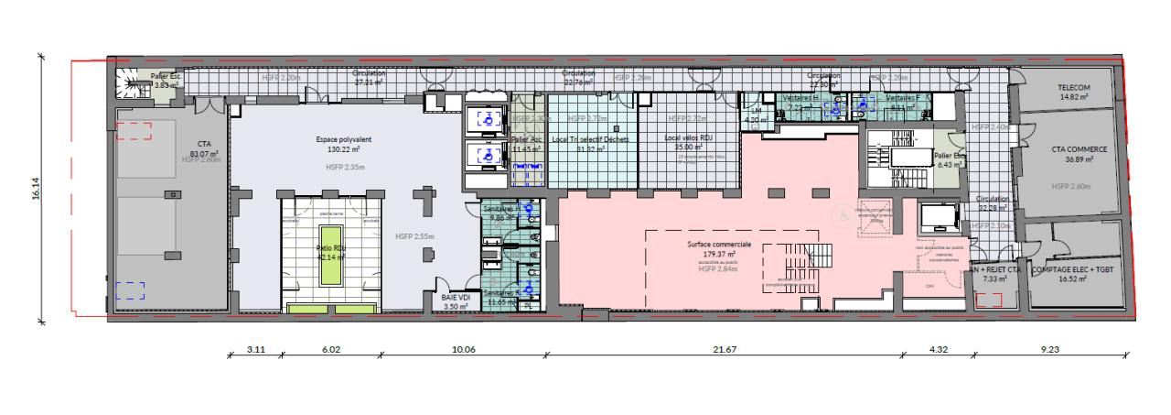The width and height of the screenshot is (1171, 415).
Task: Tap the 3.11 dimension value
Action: coord(256,348)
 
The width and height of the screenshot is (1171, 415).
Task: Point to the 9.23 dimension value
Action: coord(1048,348)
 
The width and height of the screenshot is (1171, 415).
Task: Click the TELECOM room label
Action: coord(1069,87)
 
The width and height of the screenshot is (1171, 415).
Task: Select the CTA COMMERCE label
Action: coord(1068,148)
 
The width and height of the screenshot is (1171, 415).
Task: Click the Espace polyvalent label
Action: coord(339,140)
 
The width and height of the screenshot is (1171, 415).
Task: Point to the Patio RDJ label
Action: coord(331,247)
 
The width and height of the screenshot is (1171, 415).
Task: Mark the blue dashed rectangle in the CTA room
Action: coord(130,291)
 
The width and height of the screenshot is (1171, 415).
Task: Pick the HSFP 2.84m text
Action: coord(718,269)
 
